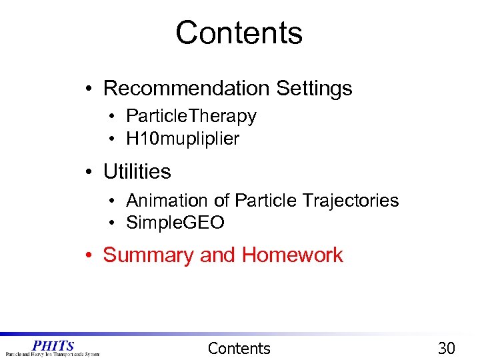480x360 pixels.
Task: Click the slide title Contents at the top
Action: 239,33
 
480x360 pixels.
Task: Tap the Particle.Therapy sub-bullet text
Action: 191,116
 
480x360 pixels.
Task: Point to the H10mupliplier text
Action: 182,139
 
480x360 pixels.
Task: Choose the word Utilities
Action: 137,171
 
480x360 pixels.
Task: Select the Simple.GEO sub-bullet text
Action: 175,223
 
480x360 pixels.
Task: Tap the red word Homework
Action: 292,255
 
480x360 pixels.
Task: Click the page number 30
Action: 446,348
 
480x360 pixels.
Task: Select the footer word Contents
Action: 239,348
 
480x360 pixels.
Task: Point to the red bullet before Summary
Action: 89,255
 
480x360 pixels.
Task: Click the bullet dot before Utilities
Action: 89,172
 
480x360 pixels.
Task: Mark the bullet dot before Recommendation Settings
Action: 89,89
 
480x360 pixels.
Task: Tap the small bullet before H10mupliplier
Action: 114,139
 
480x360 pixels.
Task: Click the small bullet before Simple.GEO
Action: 114,223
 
